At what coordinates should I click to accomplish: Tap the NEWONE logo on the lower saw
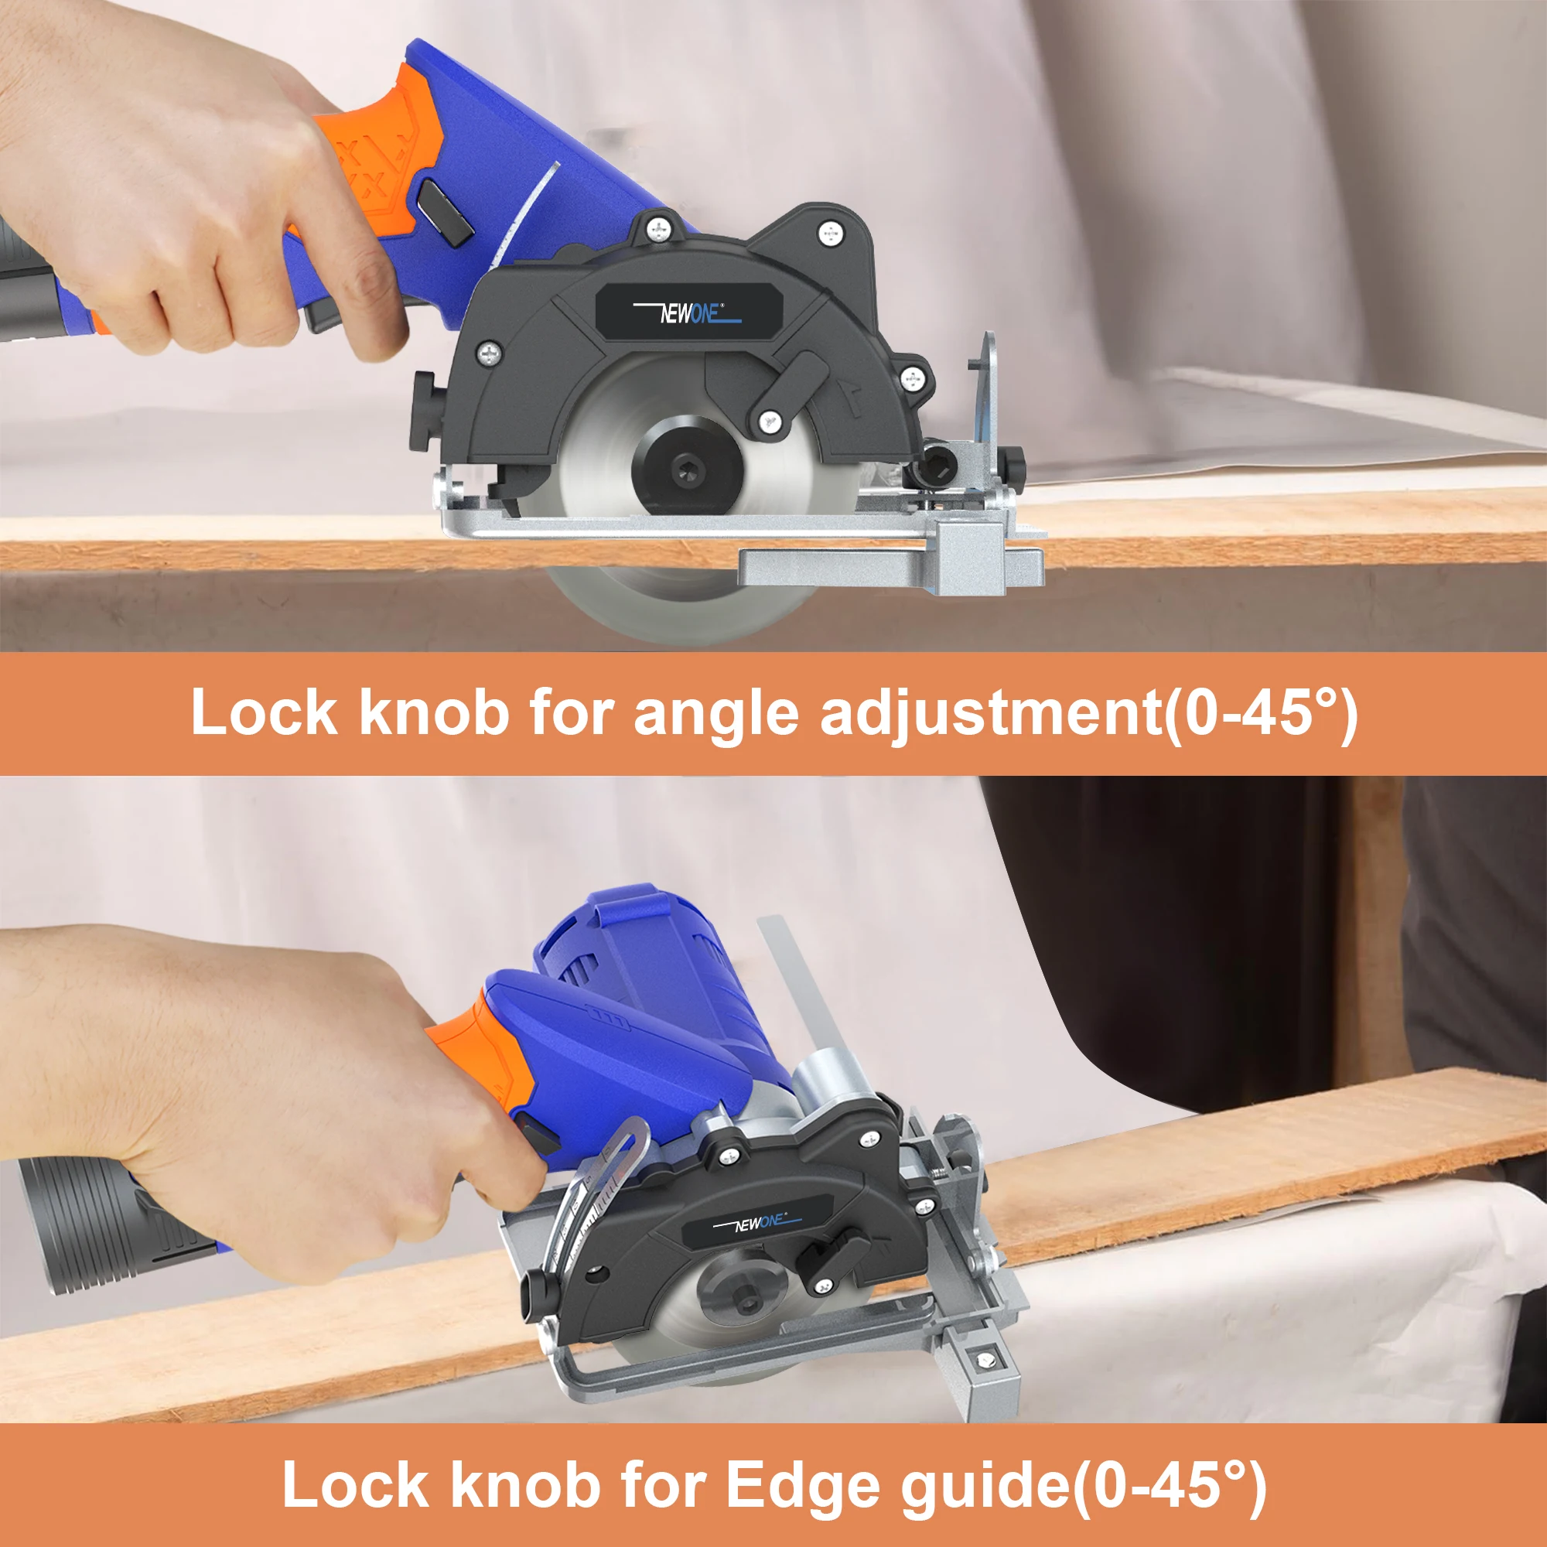(x=755, y=1223)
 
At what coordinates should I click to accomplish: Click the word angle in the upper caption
(x=715, y=712)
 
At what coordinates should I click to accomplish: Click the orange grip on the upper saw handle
(x=377, y=152)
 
